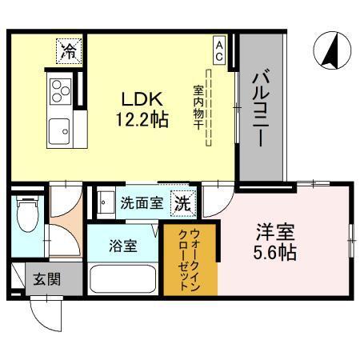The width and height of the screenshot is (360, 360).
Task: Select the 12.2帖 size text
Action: pyautogui.click(x=142, y=121)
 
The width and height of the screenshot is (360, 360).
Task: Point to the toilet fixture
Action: pyautogui.click(x=28, y=214)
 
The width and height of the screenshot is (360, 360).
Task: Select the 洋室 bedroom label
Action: pyautogui.click(x=275, y=233)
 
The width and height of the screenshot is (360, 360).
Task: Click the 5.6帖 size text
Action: pyautogui.click(x=275, y=254)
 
